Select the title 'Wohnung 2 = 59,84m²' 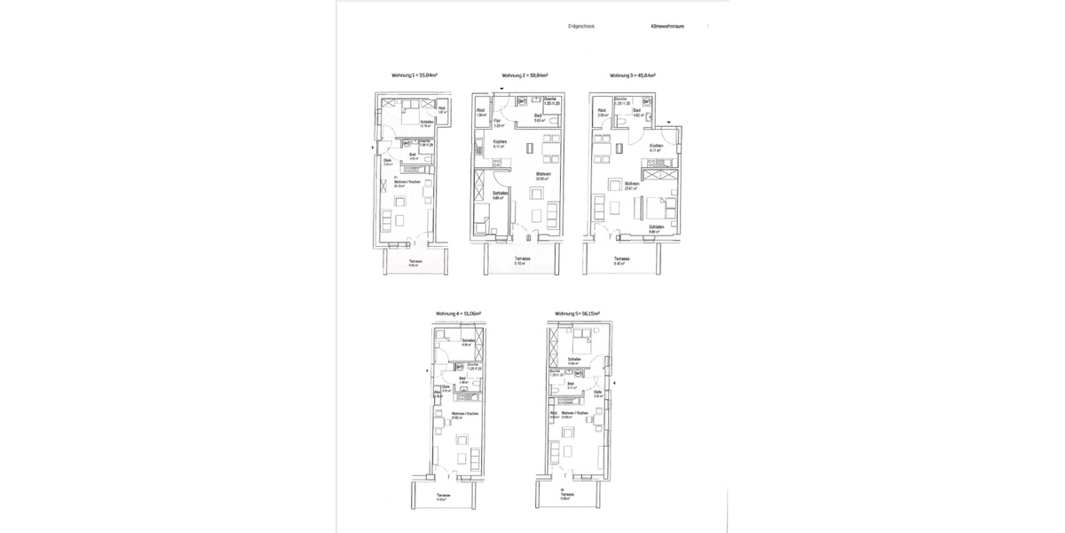(525, 76)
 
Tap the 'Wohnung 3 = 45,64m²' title (632, 76)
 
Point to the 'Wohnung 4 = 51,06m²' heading (458, 314)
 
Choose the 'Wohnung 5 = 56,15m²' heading (578, 314)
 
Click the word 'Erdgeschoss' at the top (581, 27)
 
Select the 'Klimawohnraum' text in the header (667, 27)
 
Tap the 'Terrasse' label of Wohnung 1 (414, 261)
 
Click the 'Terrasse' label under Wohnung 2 (523, 259)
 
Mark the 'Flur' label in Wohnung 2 (498, 121)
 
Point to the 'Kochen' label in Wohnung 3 (657, 146)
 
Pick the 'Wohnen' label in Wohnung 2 (543, 174)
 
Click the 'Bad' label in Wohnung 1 (412, 155)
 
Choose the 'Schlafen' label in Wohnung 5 (575, 360)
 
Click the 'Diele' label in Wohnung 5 (598, 392)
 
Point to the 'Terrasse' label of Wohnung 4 (442, 496)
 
